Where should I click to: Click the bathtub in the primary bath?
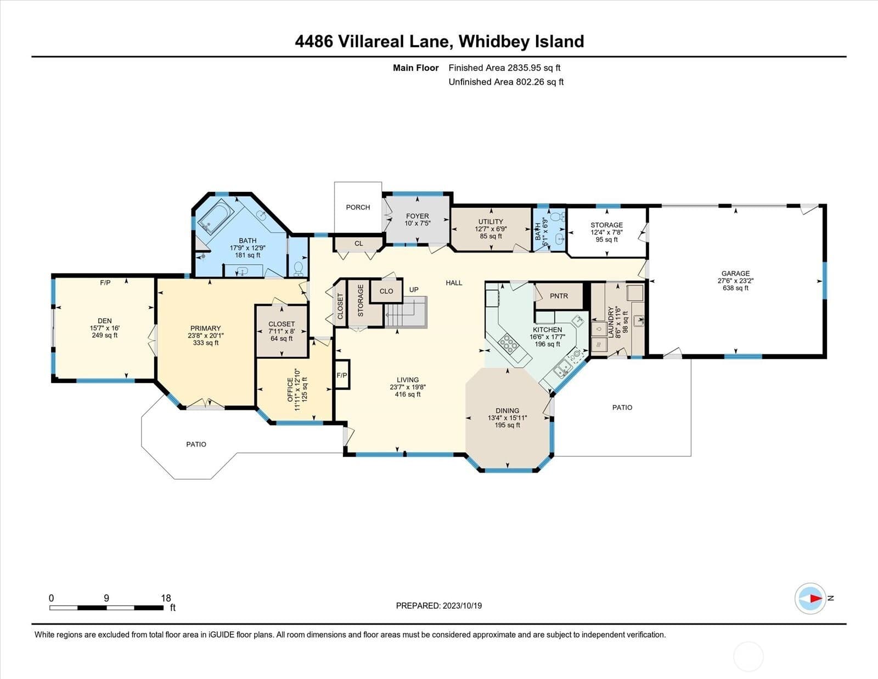tap(215, 216)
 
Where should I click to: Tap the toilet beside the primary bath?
tap(299, 269)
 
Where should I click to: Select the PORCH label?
tap(358, 208)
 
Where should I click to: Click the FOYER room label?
tap(418, 216)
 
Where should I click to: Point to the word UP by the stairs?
tap(414, 290)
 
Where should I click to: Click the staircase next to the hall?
tap(406, 311)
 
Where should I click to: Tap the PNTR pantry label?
tap(559, 296)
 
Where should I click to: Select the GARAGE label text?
tap(736, 274)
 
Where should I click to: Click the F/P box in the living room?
tap(342, 375)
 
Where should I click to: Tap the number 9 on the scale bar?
tap(106, 598)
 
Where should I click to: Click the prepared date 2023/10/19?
tap(462, 606)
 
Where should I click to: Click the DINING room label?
tap(508, 410)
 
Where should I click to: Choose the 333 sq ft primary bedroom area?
tap(206, 343)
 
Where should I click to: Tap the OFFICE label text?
tap(290, 390)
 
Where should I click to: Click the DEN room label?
tap(105, 321)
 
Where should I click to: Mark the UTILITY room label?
tap(491, 221)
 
